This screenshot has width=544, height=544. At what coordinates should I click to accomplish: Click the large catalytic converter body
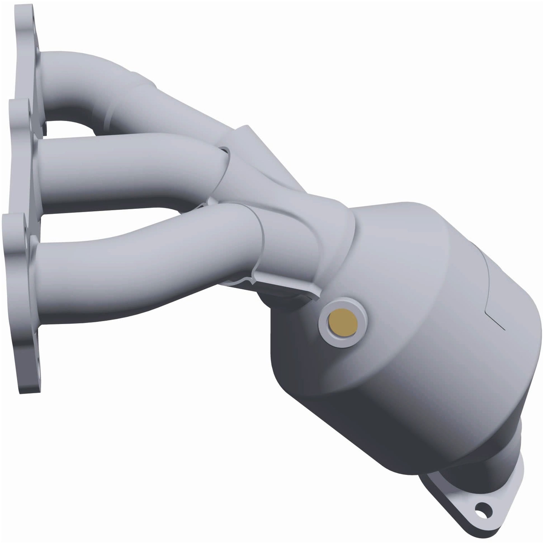coord(408,352)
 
